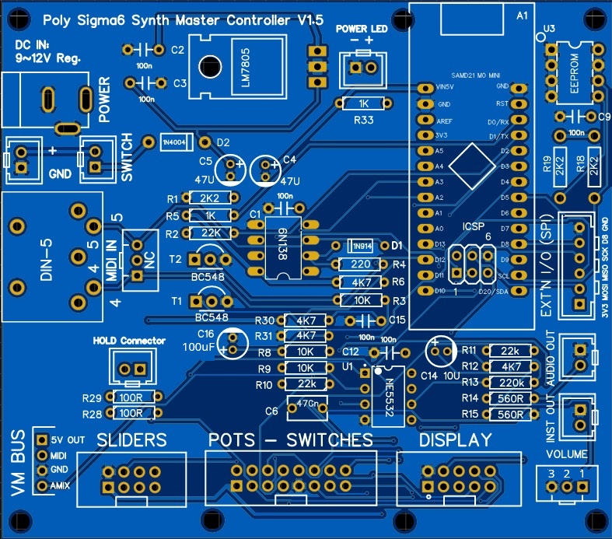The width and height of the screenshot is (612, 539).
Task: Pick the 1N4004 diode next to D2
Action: point(176,142)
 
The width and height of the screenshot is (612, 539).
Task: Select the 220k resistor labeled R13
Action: point(510,382)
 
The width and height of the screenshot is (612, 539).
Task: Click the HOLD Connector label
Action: point(129,340)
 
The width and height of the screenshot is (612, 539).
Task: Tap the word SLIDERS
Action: point(131,440)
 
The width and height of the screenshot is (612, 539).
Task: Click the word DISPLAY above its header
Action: point(455,440)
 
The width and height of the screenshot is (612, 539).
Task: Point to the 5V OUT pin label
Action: point(68,440)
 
